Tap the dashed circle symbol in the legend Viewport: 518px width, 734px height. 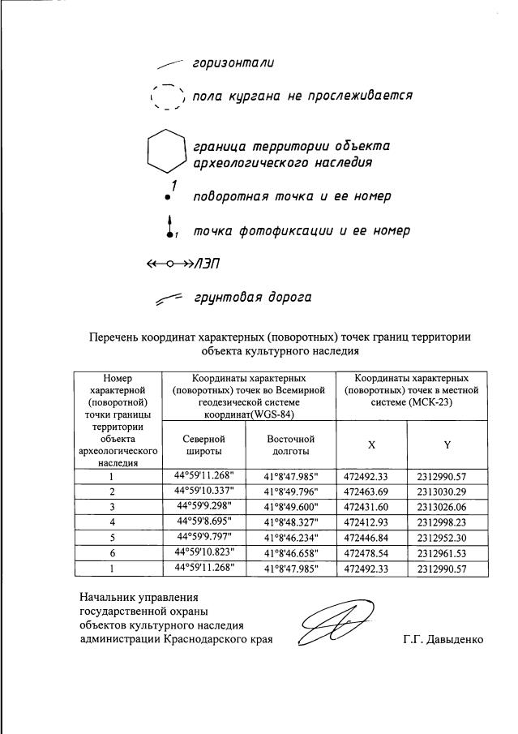coord(169,97)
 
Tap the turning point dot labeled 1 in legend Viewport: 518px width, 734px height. coord(168,197)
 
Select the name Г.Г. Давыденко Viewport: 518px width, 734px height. coord(442,639)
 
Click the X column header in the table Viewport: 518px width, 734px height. coord(371,444)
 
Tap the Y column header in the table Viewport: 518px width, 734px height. coord(447,444)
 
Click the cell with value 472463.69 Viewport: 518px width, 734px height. coord(366,491)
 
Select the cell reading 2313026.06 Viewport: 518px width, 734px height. coord(447,506)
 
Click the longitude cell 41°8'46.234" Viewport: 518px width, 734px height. coord(291,536)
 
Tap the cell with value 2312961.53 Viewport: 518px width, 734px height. coord(447,552)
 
